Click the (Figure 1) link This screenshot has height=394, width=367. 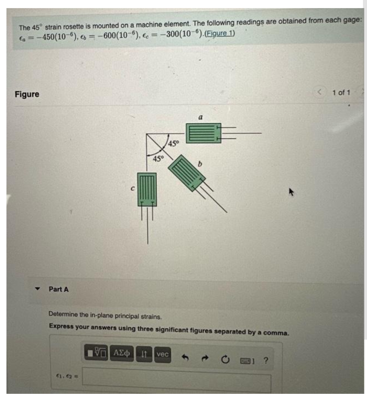click(x=220, y=33)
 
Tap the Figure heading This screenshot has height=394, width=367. click(x=27, y=94)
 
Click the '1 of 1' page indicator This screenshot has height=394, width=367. click(x=341, y=92)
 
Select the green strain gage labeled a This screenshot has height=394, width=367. click(x=204, y=133)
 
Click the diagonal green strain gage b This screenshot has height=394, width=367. click(x=187, y=173)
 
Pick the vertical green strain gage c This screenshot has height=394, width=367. click(x=147, y=189)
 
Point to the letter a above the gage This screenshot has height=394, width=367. click(x=200, y=117)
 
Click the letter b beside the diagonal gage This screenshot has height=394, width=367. click(x=200, y=164)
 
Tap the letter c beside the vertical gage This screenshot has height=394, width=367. click(x=133, y=188)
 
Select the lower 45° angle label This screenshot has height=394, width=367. click(x=158, y=159)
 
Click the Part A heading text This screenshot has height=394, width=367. click(x=58, y=289)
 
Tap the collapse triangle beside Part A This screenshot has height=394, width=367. click(x=37, y=289)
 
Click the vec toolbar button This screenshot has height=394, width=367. click(x=162, y=354)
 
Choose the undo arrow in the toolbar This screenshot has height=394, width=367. click(x=185, y=357)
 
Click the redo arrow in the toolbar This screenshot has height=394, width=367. click(x=205, y=358)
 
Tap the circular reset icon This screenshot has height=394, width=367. click(x=225, y=360)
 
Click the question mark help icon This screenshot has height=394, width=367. click(x=266, y=360)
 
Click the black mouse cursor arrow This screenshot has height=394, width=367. click(x=291, y=192)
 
